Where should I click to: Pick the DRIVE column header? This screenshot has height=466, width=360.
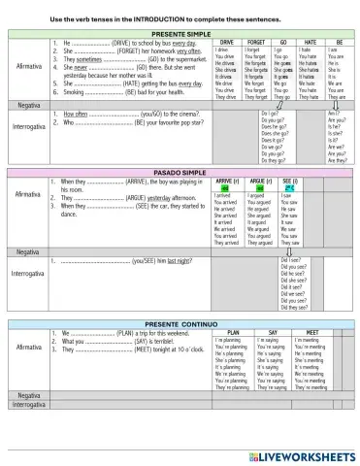tap(225, 44)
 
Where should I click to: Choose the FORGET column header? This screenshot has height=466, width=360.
tap(256, 44)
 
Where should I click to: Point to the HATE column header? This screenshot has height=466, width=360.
tap(310, 44)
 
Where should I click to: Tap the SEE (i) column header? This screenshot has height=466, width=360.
tap(289, 182)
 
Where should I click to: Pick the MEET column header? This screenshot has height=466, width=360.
tap(310, 359)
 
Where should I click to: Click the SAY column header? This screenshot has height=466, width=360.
tap(270, 359)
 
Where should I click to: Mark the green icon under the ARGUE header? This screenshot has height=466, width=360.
tap(258, 189)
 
